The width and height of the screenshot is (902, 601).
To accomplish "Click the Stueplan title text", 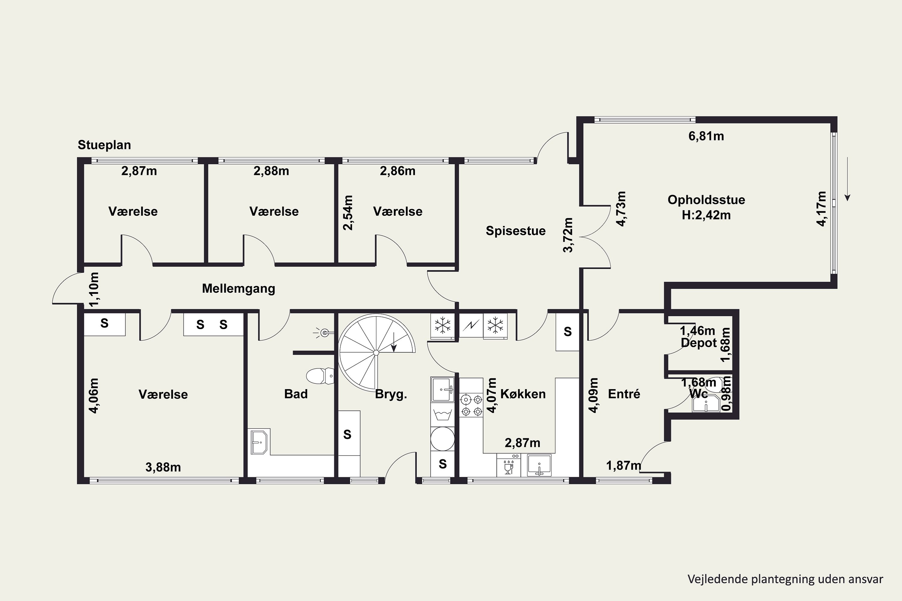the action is tap(104, 145).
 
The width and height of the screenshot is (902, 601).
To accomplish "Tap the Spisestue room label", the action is tap(515, 231).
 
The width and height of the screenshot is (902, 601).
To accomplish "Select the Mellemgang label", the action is tap(238, 288).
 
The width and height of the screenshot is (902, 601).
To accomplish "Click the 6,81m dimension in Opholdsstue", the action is tap(706, 136).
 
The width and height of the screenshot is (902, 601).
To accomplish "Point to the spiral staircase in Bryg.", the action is tap(376, 352).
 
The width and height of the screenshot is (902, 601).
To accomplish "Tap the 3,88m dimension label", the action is tap(163, 467).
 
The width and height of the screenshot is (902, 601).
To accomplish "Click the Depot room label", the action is tap(698, 343).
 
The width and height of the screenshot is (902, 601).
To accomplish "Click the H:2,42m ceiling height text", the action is tap(706, 215).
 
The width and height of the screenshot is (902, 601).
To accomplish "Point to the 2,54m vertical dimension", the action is tap(348, 213).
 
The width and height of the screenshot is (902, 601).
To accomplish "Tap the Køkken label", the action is tap(523, 394).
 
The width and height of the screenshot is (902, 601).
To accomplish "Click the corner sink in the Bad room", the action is tap(259, 441).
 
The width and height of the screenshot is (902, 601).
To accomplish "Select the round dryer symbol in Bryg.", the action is tap(443, 439).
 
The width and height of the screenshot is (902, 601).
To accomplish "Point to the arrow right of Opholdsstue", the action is tap(848, 179).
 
